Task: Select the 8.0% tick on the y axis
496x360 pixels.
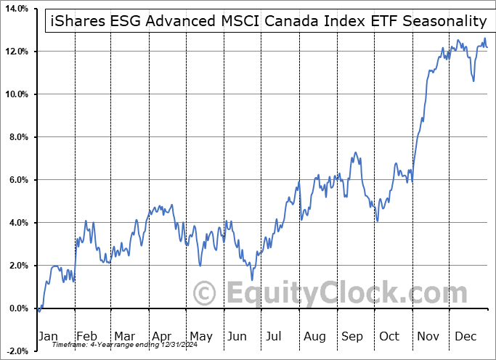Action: click(16, 137)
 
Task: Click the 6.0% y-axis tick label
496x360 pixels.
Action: click(16, 180)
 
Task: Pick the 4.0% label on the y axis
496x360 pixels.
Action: click(16, 223)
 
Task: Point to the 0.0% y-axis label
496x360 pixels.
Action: click(16, 308)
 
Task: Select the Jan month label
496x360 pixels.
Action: click(49, 337)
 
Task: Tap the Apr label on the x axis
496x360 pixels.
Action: click(160, 337)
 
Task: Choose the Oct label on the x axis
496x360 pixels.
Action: click(389, 337)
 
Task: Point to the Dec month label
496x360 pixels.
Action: click(465, 337)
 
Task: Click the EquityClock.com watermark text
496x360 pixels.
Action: click(337, 293)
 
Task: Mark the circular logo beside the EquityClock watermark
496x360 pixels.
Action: click(206, 293)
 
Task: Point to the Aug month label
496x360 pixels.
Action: click(314, 337)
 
